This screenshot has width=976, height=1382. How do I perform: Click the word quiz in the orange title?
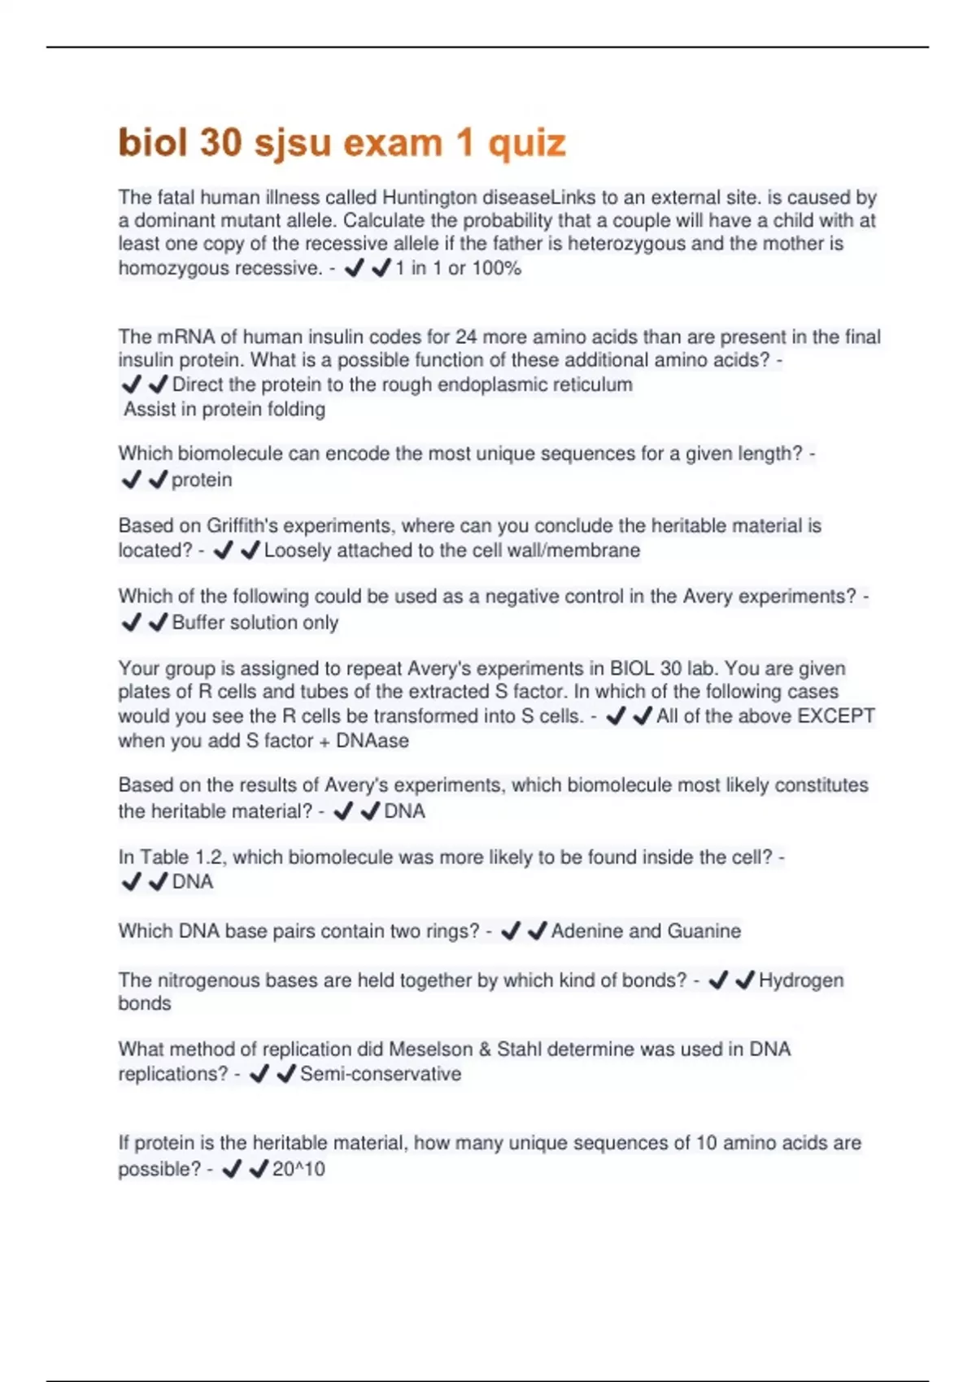click(526, 143)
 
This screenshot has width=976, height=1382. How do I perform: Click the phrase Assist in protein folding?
click(224, 409)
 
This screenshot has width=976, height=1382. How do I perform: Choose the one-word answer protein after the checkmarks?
click(202, 480)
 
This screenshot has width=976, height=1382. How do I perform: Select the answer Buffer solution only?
click(255, 623)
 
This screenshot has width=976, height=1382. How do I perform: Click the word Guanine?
click(704, 931)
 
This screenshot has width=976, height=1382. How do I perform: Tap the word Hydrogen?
click(801, 980)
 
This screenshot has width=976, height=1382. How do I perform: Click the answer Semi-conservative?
click(381, 1074)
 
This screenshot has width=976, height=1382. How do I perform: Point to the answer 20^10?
click(298, 1169)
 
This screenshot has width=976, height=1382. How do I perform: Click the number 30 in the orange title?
click(220, 143)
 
